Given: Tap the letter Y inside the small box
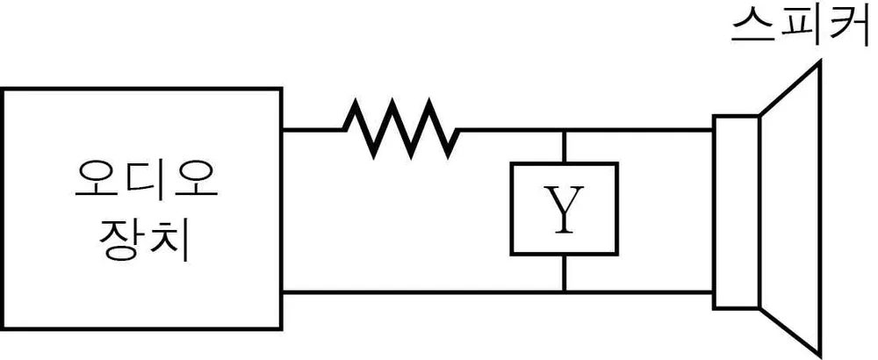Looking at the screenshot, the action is point(564,210).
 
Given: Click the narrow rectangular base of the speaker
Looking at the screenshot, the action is point(737,212).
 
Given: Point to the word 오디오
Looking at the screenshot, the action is point(146,179).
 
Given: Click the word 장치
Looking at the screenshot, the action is point(143,242).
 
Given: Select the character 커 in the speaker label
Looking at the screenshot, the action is point(849,26).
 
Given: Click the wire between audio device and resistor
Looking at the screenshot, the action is point(313,130).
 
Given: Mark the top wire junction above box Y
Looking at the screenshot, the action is point(564,130).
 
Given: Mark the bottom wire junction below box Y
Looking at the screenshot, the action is point(564,292).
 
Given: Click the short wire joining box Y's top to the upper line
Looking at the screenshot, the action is point(564,147).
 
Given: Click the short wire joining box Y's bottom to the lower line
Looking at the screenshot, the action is point(564,273).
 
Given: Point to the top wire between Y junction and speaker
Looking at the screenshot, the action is point(638,130).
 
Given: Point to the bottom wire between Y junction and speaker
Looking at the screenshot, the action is point(638,292).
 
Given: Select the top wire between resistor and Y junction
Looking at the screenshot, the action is point(511,130).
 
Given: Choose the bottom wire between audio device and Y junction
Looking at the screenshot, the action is point(422,292).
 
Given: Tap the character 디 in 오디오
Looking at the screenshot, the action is point(148,179).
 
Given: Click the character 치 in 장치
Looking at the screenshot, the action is point(167,242).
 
